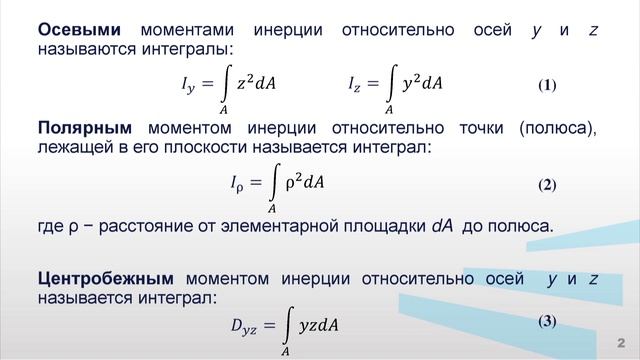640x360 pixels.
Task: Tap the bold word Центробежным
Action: pos(105,278)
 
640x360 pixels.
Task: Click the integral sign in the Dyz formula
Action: pos(286,322)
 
